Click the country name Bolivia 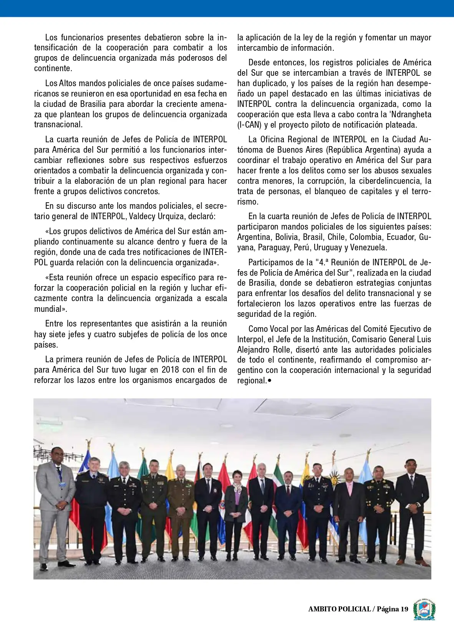(x=287, y=237)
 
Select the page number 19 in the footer (x=404, y=609)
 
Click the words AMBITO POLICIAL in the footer (x=339, y=609)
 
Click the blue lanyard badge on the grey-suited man (x=61, y=483)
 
